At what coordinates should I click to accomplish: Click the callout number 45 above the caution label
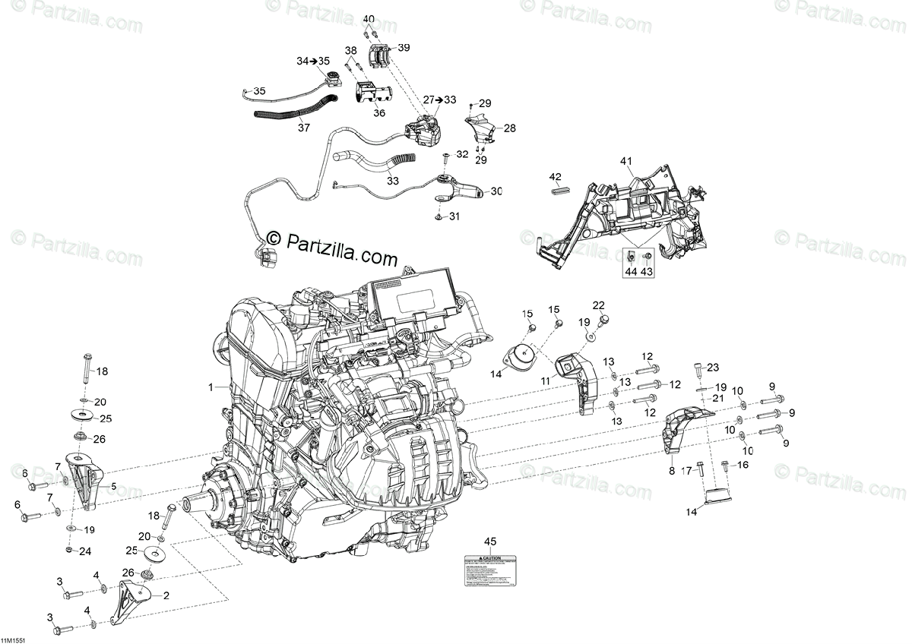[x=490, y=541]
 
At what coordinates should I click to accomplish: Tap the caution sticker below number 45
[x=489, y=570]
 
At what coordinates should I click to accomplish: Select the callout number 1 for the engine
[x=213, y=387]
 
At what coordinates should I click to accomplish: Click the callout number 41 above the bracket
[x=626, y=161]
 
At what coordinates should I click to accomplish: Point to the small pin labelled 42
[x=556, y=191]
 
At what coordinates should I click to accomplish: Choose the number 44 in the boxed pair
[x=632, y=271]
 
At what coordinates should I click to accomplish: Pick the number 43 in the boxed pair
[x=647, y=271]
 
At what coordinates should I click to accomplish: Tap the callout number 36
[x=379, y=113]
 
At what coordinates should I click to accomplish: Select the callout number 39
[x=404, y=47]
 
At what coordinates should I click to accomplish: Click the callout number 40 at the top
[x=369, y=18]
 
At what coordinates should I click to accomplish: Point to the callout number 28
[x=509, y=128]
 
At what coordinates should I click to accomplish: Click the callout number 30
[x=497, y=191]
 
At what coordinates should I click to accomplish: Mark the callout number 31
[x=454, y=216]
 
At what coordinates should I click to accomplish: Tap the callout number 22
[x=599, y=305]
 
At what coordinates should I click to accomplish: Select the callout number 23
[x=712, y=368]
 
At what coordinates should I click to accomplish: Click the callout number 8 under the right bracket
[x=671, y=472]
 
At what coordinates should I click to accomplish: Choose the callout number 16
[x=743, y=464]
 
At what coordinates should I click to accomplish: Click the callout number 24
[x=85, y=551]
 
